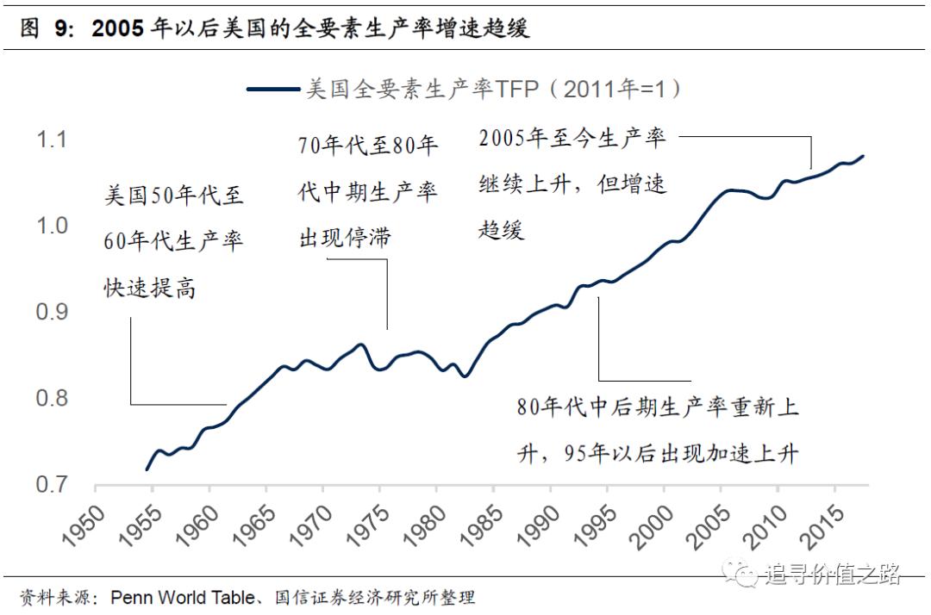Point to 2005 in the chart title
coord(117,28)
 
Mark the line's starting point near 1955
coord(147,469)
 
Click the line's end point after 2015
coord(863,156)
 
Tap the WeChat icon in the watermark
coord(738,572)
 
